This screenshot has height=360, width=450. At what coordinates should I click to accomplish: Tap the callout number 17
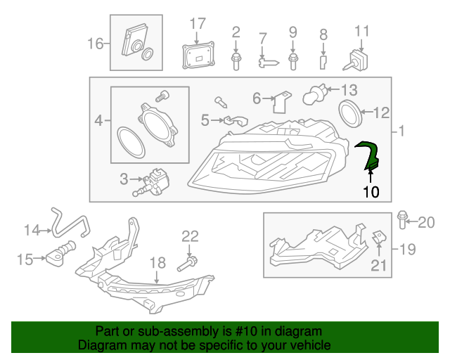point(197,25)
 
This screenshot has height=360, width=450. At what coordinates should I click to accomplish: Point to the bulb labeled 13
point(316,94)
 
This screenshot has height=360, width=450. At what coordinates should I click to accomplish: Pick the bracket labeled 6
point(282,101)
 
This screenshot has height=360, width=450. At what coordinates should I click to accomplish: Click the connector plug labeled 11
point(356,58)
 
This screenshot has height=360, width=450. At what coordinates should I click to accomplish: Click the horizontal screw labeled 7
point(268,62)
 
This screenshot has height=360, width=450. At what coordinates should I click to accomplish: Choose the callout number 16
point(95,44)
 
